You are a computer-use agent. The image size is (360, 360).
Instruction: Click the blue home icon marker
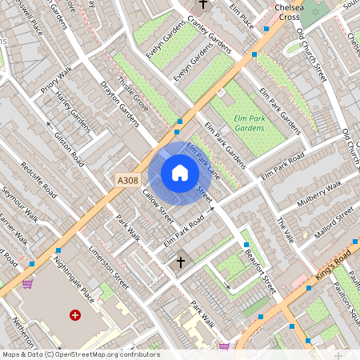coord(180,173)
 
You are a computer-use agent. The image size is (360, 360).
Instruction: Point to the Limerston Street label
coord(110,266)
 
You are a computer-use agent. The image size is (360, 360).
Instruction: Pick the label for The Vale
coord(286,231)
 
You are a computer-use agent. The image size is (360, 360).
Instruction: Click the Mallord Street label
coord(334,220)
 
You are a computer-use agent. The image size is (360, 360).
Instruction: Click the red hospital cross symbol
coord(76,316)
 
